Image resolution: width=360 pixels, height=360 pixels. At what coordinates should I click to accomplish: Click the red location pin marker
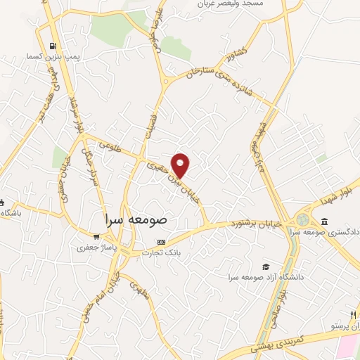(x=181, y=165)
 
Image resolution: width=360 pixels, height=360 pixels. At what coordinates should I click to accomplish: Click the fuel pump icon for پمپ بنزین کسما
(x=53, y=48)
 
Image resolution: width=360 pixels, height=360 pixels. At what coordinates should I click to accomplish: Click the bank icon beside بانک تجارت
(x=162, y=242)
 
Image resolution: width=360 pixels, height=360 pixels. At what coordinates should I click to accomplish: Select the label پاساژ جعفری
(x=92, y=248)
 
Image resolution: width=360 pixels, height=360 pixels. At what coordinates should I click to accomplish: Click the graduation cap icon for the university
(x=266, y=266)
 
